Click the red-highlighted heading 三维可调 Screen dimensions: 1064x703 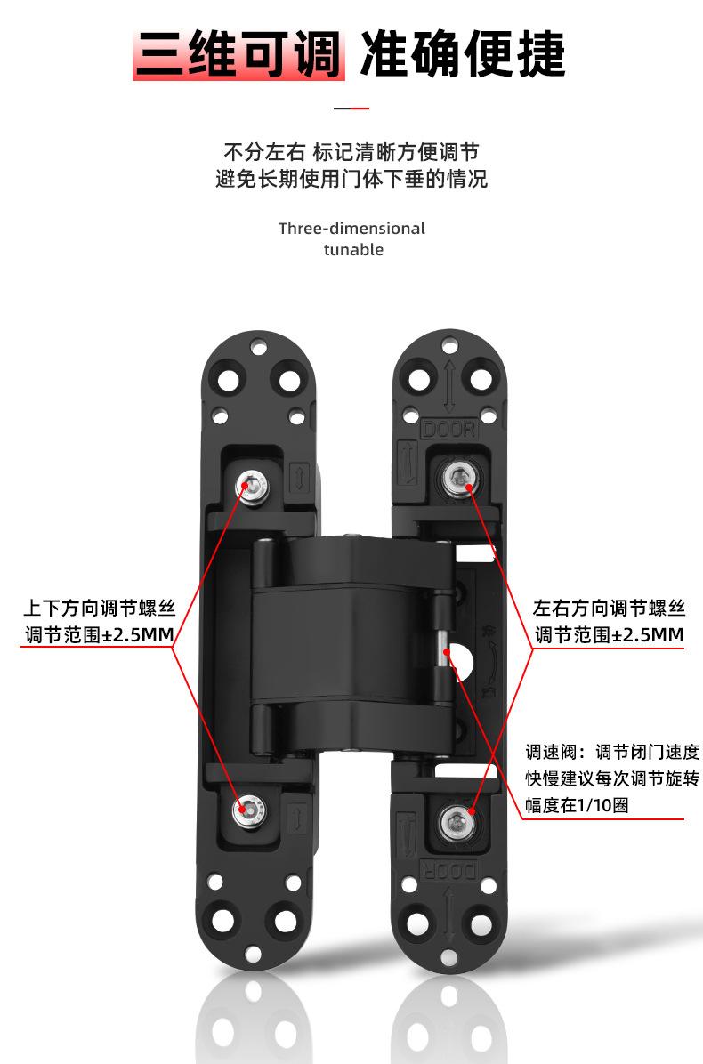point(238,54)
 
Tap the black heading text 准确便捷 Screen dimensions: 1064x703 point(462,54)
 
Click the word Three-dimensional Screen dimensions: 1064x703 point(351,229)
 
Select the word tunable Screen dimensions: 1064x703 point(353,250)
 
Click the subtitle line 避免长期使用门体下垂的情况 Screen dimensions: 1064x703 point(351,179)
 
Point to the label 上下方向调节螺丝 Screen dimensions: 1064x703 point(99,609)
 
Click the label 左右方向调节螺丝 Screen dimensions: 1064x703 point(609,609)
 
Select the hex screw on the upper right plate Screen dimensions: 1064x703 point(459,479)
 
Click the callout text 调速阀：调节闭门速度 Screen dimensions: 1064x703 point(612,752)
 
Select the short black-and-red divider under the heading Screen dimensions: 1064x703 point(351,108)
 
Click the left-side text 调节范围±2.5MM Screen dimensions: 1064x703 point(99,635)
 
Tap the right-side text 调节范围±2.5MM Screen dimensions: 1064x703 point(609,635)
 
